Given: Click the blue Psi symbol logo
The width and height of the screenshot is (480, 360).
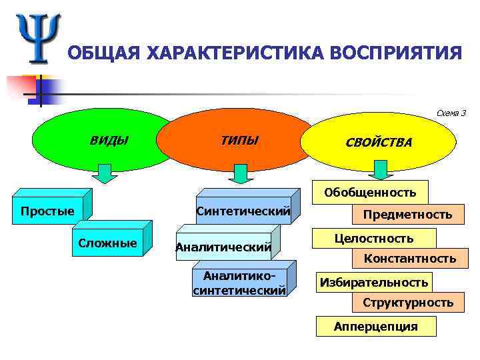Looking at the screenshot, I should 38,37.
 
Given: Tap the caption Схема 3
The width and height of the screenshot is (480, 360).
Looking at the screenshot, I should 451,113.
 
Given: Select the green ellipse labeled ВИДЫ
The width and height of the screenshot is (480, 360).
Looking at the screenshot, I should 103,141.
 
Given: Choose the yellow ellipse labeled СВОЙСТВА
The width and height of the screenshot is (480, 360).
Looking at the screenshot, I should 378,143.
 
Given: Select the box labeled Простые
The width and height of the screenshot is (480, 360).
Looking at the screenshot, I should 48,212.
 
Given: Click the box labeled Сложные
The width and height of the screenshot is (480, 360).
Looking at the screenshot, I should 107,243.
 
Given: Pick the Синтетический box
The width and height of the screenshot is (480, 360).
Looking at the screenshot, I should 243,212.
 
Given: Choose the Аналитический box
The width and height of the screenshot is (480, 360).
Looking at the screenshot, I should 223,248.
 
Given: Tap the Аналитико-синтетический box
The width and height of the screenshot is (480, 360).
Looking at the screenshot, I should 239,283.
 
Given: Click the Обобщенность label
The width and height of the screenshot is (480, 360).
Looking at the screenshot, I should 370,193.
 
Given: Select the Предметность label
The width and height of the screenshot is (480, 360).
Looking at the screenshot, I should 407,215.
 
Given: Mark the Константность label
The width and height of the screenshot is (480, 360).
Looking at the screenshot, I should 409,259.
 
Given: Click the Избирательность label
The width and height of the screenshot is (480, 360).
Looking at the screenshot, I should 373,283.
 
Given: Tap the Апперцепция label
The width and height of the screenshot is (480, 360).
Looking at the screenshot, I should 376,326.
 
